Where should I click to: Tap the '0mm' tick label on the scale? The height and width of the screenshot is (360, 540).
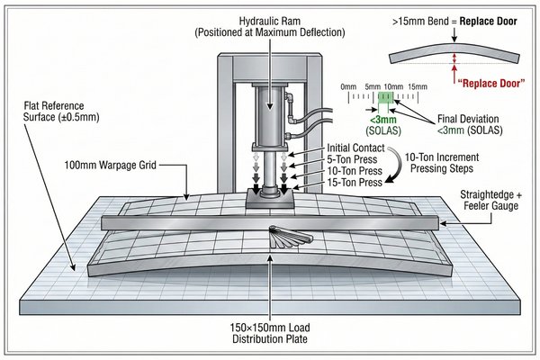(350, 86)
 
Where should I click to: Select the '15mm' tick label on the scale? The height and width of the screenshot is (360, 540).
(417, 86)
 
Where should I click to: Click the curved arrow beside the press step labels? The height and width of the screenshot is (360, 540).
(393, 166)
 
